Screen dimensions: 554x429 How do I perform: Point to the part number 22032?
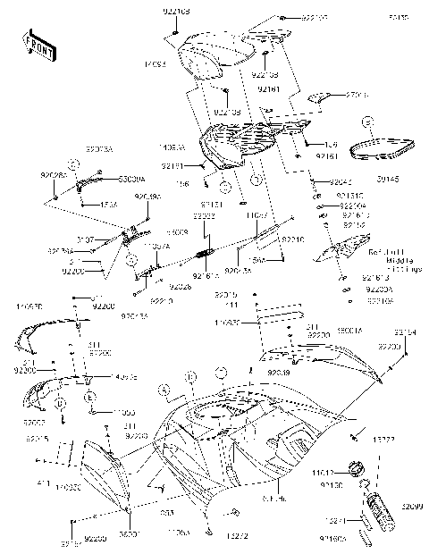pos(203,216)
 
